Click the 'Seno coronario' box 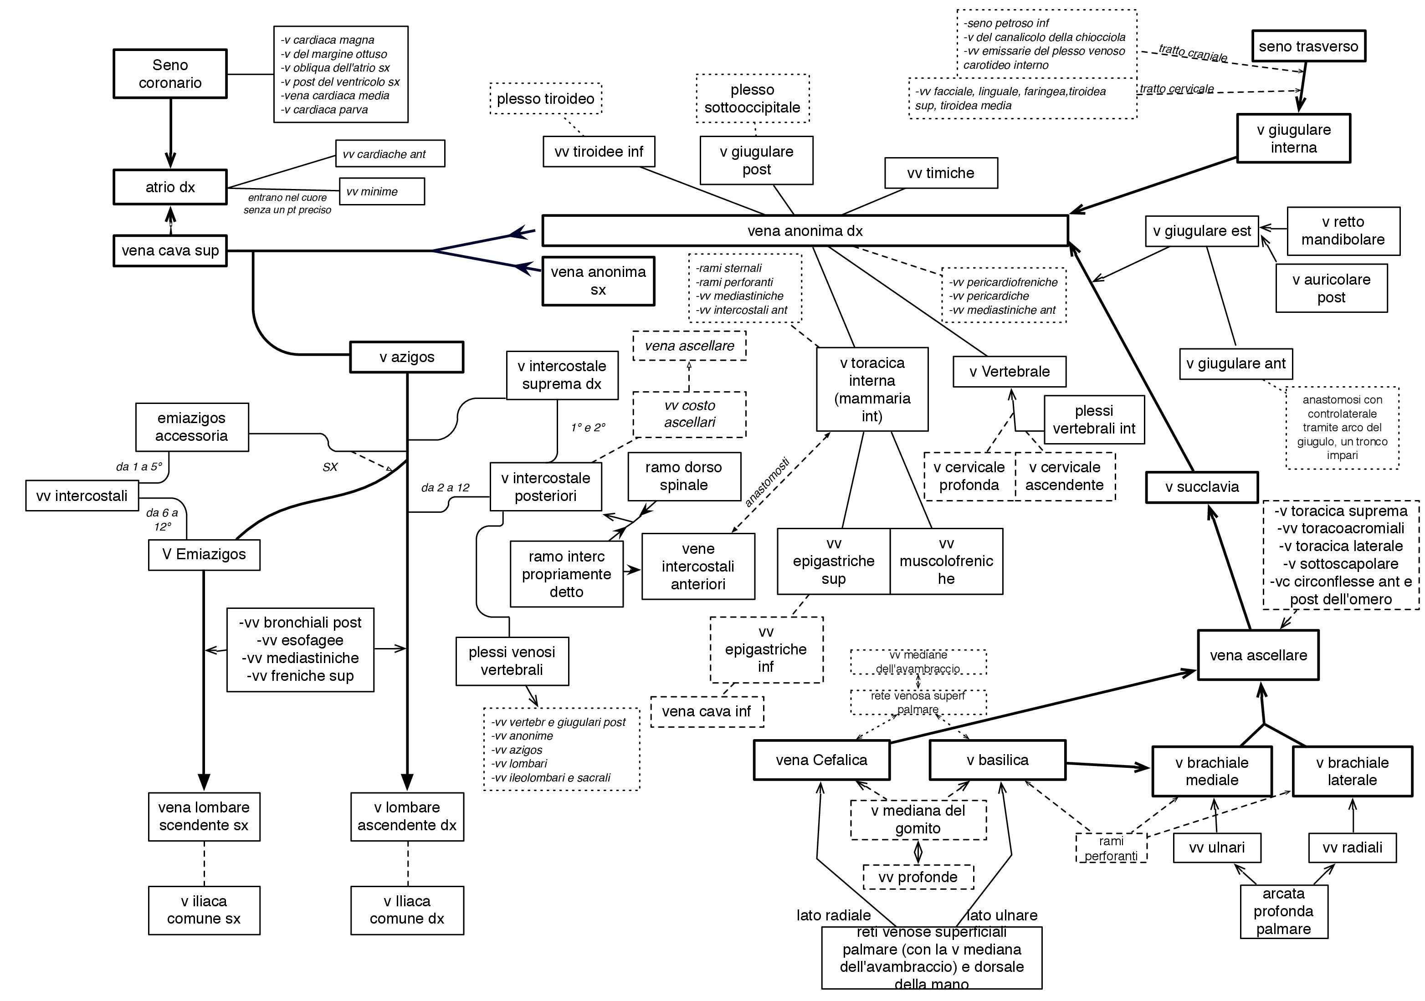pyautogui.click(x=169, y=74)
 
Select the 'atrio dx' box pyautogui.click(x=169, y=187)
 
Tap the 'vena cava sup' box pyautogui.click(x=169, y=251)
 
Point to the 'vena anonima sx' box pyautogui.click(x=598, y=281)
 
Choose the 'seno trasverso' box pyautogui.click(x=1308, y=46)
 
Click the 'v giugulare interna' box pyautogui.click(x=1293, y=138)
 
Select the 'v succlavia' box pyautogui.click(x=1202, y=487)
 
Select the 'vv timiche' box pyautogui.click(x=940, y=173)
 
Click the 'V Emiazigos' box pyautogui.click(x=204, y=554)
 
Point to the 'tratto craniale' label pyautogui.click(x=1192, y=53)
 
